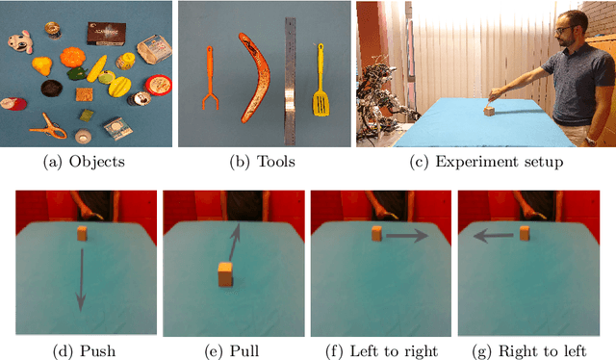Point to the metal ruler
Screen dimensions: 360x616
[x=290, y=77]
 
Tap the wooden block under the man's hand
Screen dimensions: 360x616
[x=489, y=110]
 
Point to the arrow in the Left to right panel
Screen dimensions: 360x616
[x=409, y=234]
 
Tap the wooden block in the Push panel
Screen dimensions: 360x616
[x=81, y=232]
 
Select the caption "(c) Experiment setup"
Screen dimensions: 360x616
[x=485, y=161]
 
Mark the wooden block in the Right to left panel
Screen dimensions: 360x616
[x=526, y=232]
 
